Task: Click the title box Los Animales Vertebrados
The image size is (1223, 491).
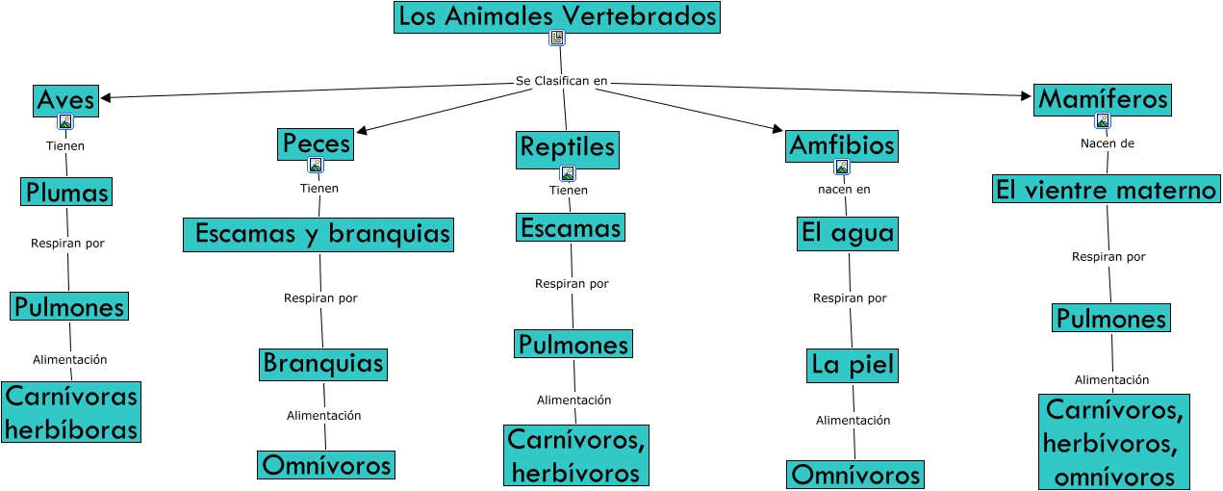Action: pyautogui.click(x=557, y=17)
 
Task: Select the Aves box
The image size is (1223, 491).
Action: pyautogui.click(x=65, y=99)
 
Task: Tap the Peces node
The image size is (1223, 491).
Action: pyautogui.click(x=316, y=143)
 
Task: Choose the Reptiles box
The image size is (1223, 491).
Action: pyautogui.click(x=567, y=148)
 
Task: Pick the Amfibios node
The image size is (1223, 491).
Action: pyautogui.click(x=842, y=145)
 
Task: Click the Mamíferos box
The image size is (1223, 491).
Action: pyautogui.click(x=1103, y=98)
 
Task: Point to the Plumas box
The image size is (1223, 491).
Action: pyautogui.click(x=66, y=191)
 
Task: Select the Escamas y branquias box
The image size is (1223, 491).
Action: pyautogui.click(x=318, y=234)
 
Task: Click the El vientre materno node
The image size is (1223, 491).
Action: pyautogui.click(x=1107, y=190)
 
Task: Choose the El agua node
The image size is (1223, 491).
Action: pyautogui.click(x=847, y=233)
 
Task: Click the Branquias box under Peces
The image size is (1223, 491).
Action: pyautogui.click(x=323, y=364)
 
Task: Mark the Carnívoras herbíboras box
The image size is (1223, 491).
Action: pyautogui.click(x=70, y=411)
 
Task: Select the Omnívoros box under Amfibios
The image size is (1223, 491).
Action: pyautogui.click(x=855, y=475)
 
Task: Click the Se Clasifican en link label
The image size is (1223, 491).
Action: pyautogui.click(x=562, y=81)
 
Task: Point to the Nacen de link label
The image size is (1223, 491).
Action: pyautogui.click(x=1107, y=143)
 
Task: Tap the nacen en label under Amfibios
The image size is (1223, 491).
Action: pyautogui.click(x=844, y=189)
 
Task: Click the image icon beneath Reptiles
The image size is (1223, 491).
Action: pyautogui.click(x=568, y=174)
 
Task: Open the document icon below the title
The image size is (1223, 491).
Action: pyautogui.click(x=556, y=39)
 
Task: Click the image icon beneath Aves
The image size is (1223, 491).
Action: pyautogui.click(x=64, y=122)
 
